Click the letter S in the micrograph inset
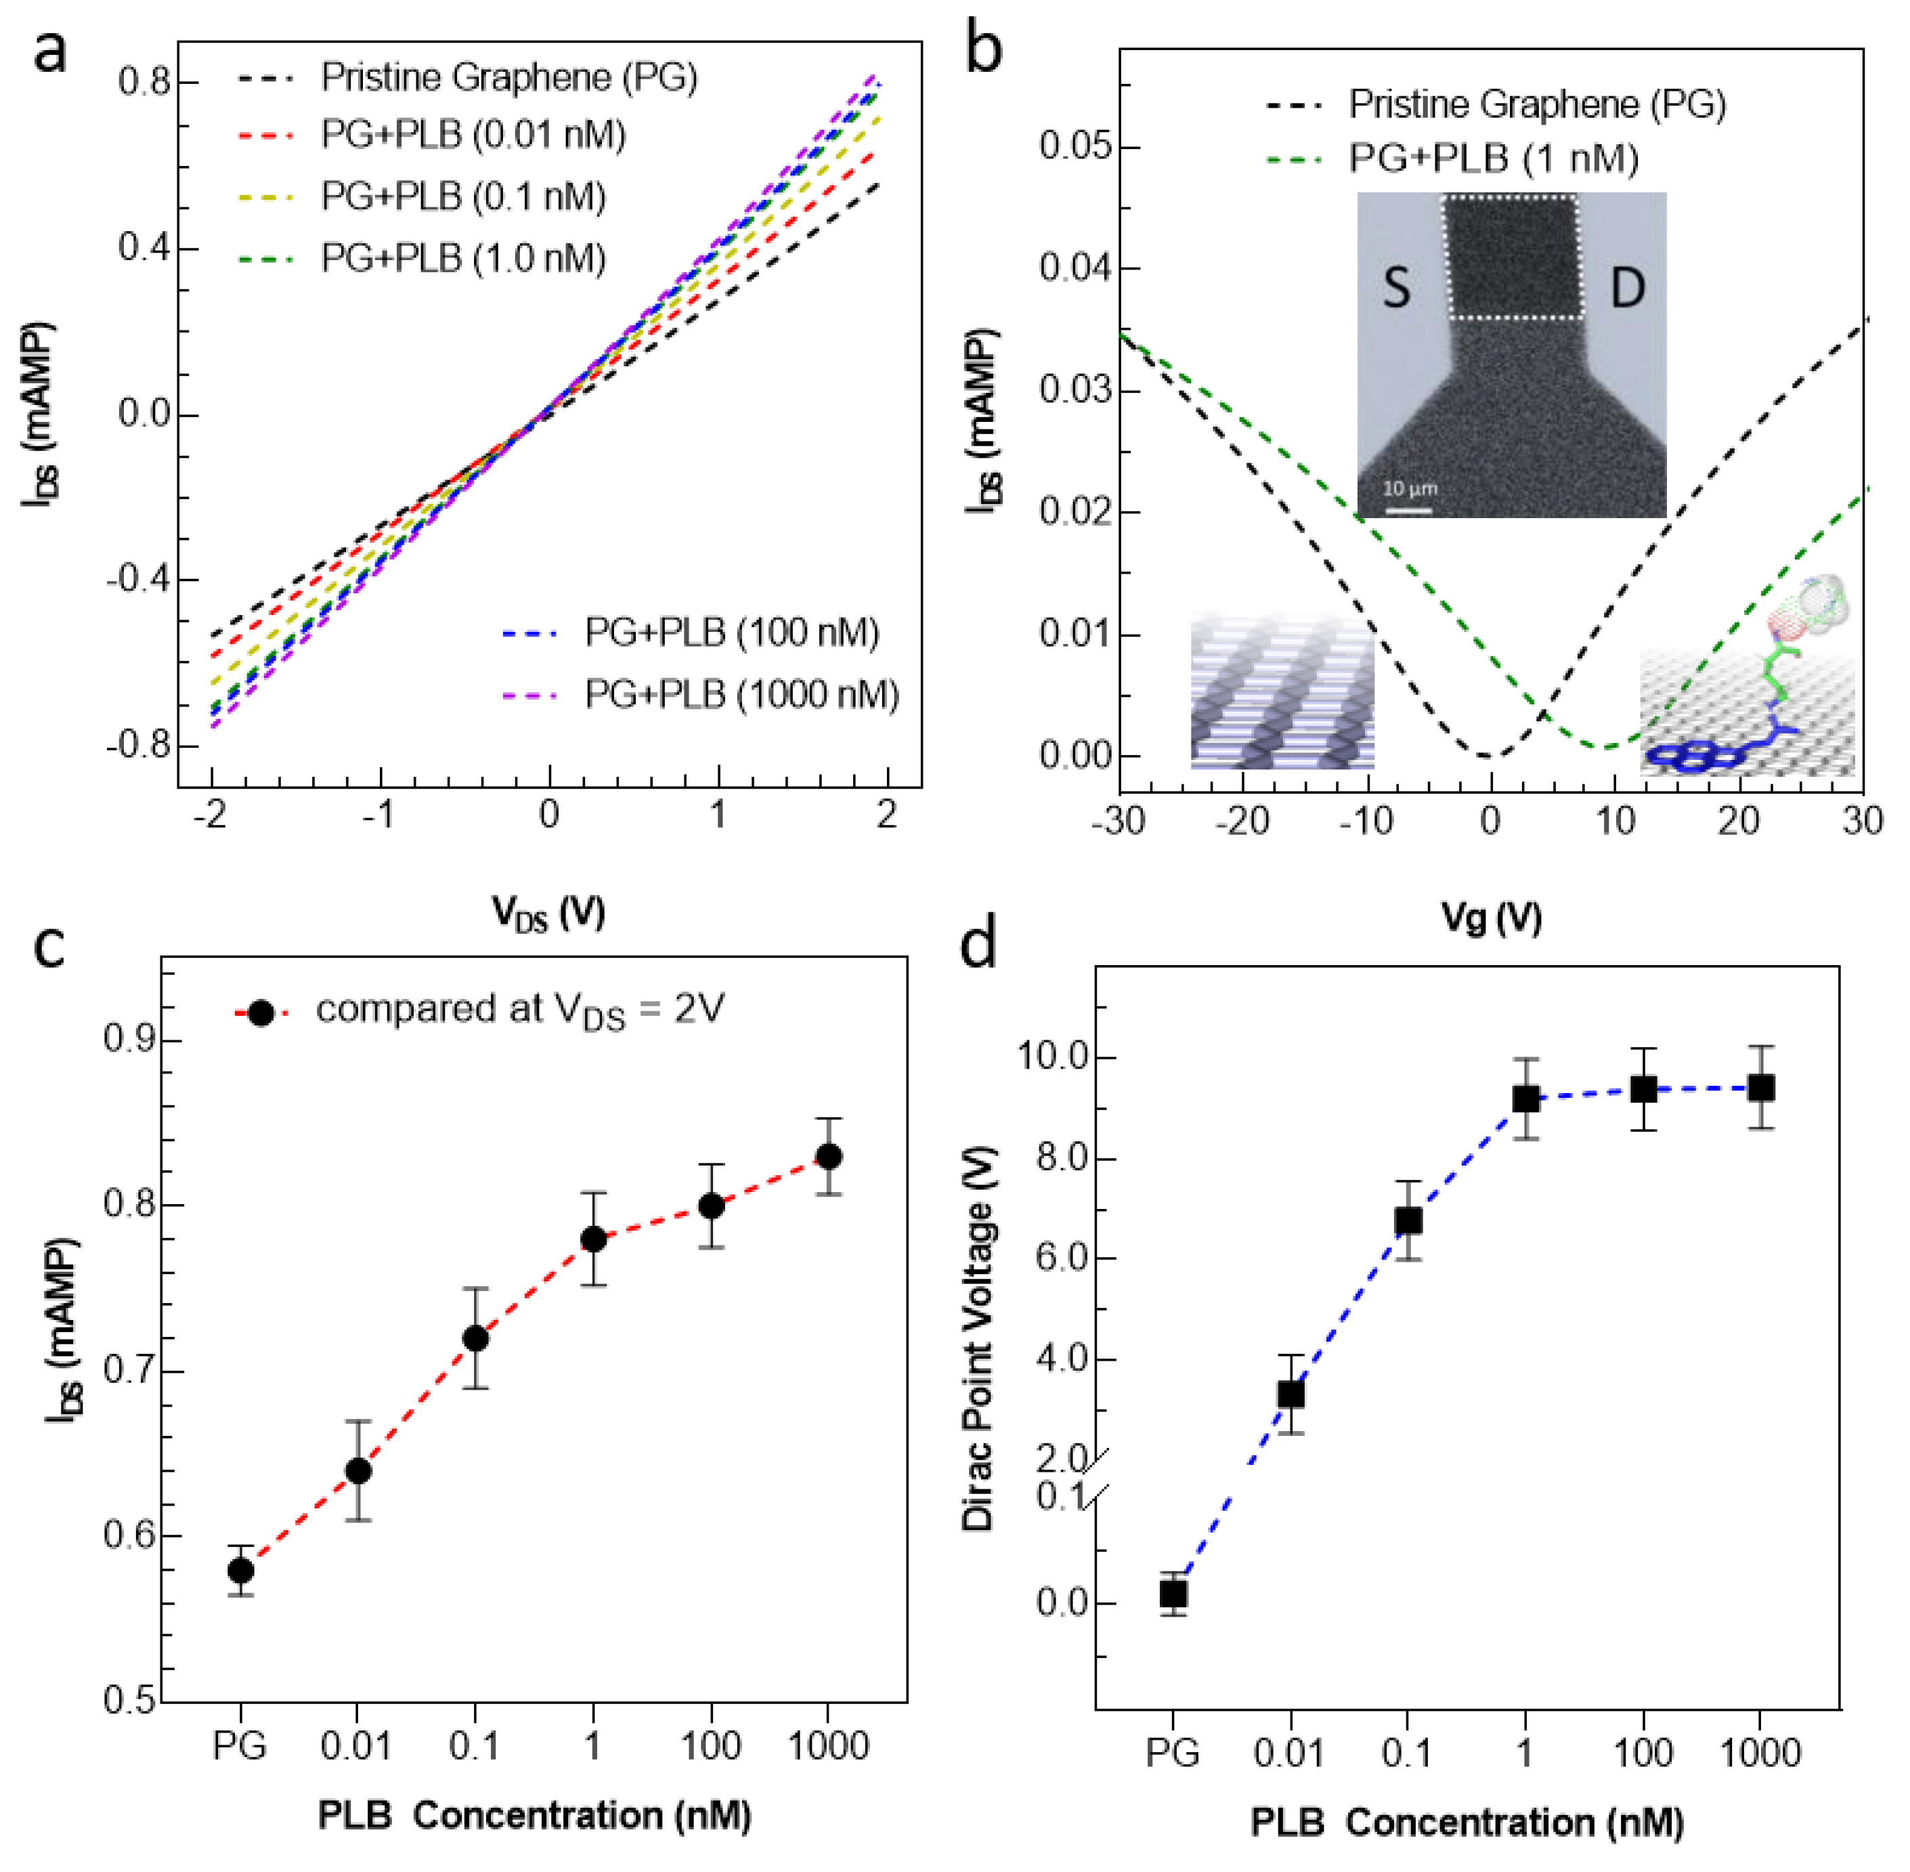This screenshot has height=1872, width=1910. (1396, 288)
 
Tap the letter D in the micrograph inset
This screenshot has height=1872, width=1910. (1627, 288)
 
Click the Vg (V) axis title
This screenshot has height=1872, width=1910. (1490, 916)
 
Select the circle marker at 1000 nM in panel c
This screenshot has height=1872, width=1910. (829, 1156)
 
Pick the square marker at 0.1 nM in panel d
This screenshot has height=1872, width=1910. (1408, 1221)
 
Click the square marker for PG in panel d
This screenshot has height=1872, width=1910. (1173, 1593)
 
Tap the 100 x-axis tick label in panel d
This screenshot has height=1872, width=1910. (1643, 1753)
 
